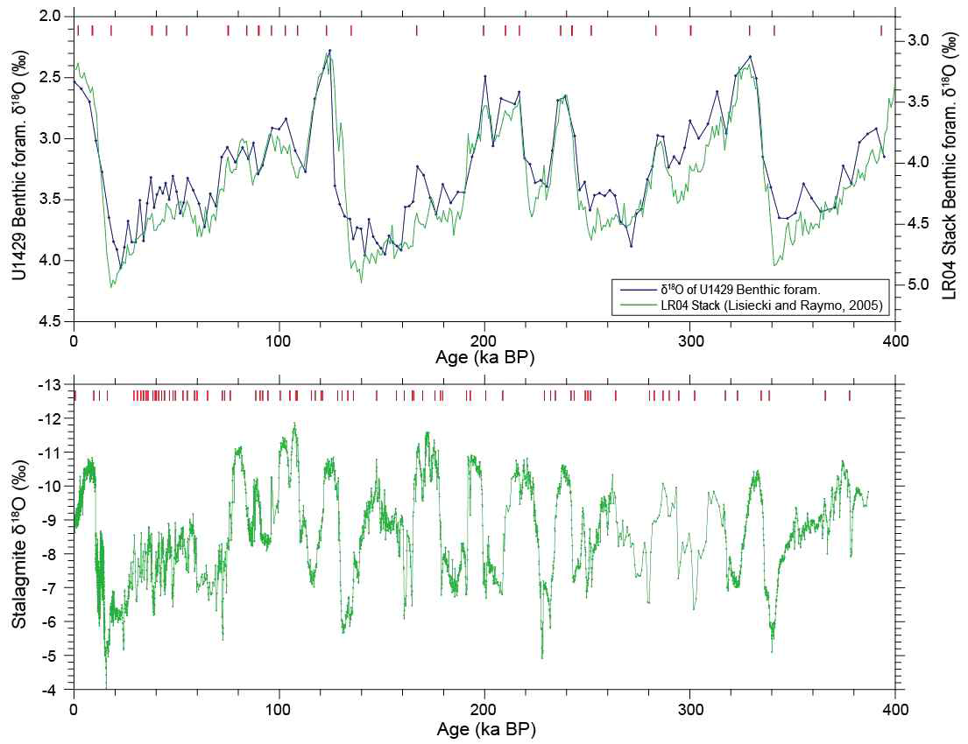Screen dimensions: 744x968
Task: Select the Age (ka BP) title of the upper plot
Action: (484, 358)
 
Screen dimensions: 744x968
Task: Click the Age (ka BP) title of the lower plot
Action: (484, 727)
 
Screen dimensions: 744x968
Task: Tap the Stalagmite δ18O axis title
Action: (19, 537)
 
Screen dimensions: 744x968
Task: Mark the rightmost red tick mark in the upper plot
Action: (881, 31)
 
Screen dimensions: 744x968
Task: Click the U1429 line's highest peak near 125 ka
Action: (329, 51)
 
